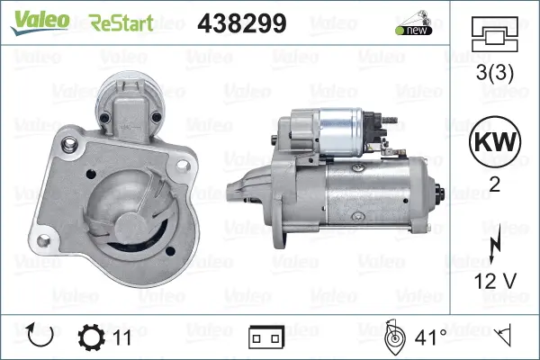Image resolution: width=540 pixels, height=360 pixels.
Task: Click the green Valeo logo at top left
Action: (x=40, y=22)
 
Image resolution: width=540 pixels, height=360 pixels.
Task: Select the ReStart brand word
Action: (x=121, y=23)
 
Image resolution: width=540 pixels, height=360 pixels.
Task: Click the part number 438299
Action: (x=242, y=23)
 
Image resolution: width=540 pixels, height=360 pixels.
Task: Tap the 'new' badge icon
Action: (x=414, y=23)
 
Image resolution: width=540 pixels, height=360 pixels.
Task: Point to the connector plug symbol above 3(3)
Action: (x=494, y=34)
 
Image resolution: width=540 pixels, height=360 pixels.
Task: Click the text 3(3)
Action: (x=495, y=73)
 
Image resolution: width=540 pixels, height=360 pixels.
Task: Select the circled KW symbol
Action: (x=495, y=141)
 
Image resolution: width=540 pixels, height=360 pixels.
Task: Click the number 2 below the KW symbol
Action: (x=494, y=185)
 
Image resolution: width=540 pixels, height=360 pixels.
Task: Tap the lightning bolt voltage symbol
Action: (x=494, y=244)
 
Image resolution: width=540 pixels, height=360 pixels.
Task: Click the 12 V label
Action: (x=495, y=281)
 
